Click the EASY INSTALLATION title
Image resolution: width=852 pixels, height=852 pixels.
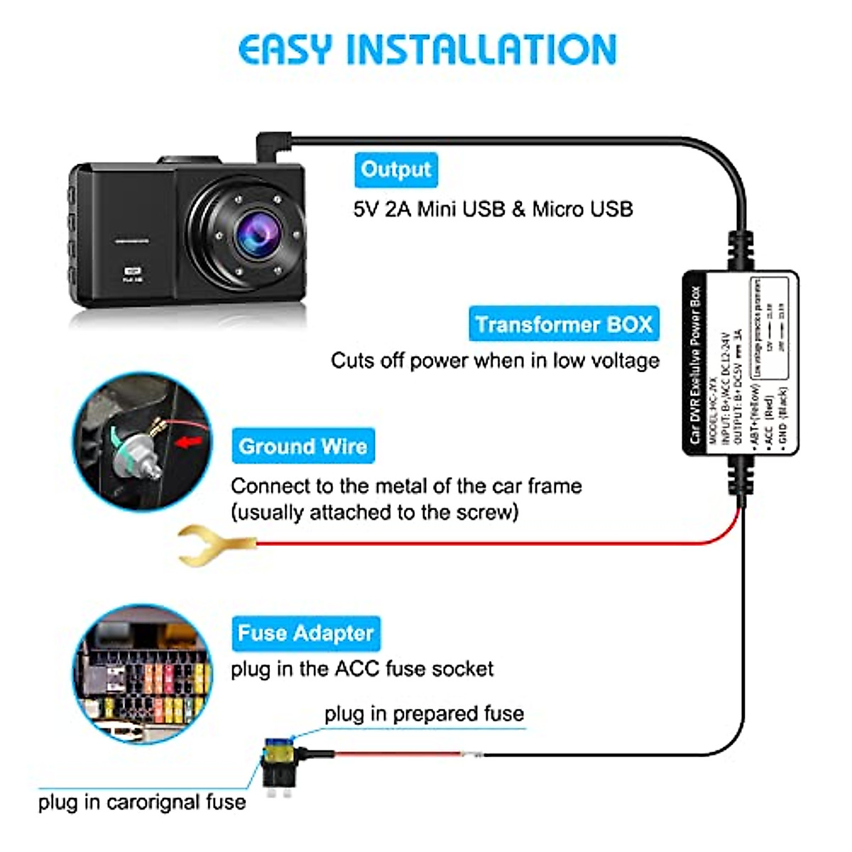click(427, 50)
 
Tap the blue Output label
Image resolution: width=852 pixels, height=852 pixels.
click(395, 170)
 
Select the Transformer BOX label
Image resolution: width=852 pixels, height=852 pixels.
click(564, 324)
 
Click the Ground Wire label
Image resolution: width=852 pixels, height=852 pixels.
click(302, 446)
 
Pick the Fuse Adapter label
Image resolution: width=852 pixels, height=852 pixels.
click(305, 633)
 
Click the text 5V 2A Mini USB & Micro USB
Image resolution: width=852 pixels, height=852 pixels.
click(493, 209)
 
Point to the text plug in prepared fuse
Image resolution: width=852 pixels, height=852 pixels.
click(424, 714)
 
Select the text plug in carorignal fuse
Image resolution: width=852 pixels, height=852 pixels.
click(142, 802)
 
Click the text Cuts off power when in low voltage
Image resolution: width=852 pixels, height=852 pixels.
click(495, 361)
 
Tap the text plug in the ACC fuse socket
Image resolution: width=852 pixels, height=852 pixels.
click(361, 669)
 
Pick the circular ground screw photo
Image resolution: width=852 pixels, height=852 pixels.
click(143, 441)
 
